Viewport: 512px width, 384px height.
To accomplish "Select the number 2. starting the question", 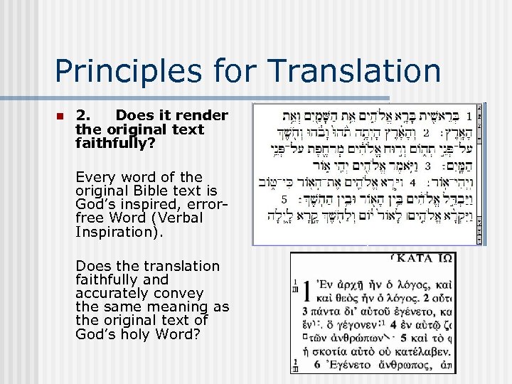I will click(83, 115).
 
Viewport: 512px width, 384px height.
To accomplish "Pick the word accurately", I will click(111, 293).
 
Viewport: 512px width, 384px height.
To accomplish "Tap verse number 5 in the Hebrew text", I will click(284, 199).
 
